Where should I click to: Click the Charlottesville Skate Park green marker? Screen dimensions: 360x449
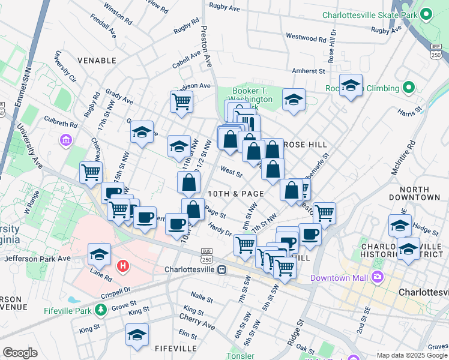(x=426, y=14)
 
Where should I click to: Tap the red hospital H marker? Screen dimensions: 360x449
(x=122, y=265)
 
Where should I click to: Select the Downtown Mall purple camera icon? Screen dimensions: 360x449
(x=377, y=277)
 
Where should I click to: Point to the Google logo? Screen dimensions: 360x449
(x=20, y=353)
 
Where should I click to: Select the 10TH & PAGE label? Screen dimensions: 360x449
(x=236, y=194)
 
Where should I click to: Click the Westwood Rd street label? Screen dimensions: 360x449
(x=306, y=38)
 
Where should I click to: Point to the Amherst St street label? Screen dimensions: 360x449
(x=308, y=71)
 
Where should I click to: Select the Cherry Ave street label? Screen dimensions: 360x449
(x=200, y=325)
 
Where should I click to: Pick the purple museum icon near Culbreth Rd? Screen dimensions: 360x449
(x=66, y=140)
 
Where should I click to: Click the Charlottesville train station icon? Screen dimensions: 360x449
(x=222, y=269)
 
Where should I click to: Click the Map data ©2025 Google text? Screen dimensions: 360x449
(x=411, y=355)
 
